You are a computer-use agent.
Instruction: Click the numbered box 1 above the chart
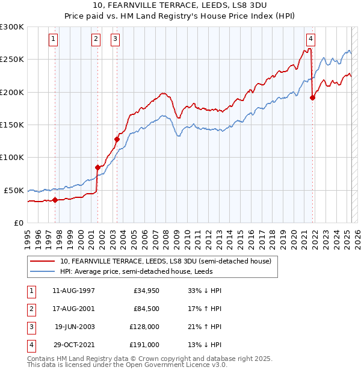(54, 40)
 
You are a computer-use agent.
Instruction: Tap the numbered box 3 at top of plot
(116, 40)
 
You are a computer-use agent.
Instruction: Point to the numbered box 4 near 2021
(310, 40)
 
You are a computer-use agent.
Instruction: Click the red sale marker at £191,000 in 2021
(312, 98)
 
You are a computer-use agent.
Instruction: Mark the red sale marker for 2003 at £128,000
(117, 139)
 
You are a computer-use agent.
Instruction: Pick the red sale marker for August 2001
(97, 167)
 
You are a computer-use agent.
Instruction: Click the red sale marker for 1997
(55, 200)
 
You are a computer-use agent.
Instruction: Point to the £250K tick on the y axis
(13, 60)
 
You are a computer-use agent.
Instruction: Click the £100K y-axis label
(13, 157)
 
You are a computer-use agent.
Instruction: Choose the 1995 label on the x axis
(28, 238)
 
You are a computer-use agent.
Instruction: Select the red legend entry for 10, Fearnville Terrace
(165, 261)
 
